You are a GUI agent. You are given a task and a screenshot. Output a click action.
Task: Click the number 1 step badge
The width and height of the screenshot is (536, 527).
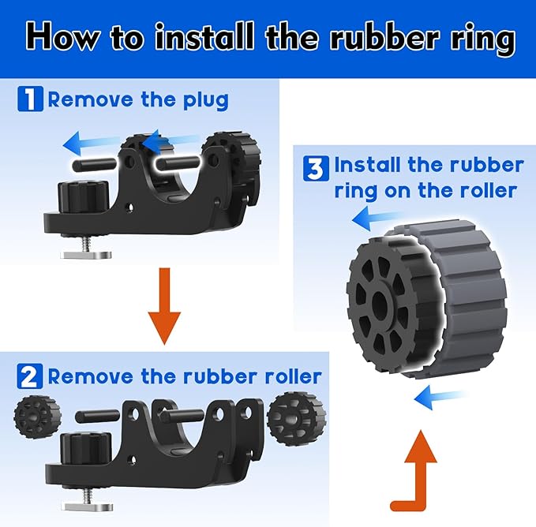31,99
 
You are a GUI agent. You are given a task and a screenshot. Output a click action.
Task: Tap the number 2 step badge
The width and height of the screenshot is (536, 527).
30,376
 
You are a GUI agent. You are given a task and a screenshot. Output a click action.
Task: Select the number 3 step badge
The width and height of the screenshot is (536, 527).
316,168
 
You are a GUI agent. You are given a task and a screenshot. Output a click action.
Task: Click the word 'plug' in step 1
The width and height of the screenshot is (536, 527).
206,101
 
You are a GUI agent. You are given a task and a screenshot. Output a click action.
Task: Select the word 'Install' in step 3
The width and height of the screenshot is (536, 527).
368,165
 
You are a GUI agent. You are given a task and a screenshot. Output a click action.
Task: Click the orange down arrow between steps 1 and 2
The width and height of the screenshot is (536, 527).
164,305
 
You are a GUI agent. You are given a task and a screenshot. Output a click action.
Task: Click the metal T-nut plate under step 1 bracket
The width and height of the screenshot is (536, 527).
86,255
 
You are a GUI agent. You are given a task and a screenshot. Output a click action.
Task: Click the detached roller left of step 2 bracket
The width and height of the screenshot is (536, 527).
37,417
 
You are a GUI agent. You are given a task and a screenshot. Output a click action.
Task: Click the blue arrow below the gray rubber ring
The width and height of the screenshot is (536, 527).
440,397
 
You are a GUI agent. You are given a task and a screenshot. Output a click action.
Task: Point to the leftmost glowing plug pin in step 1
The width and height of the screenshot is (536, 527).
95,164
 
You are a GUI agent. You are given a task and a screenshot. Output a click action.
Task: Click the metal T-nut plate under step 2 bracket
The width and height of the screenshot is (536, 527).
87,506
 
